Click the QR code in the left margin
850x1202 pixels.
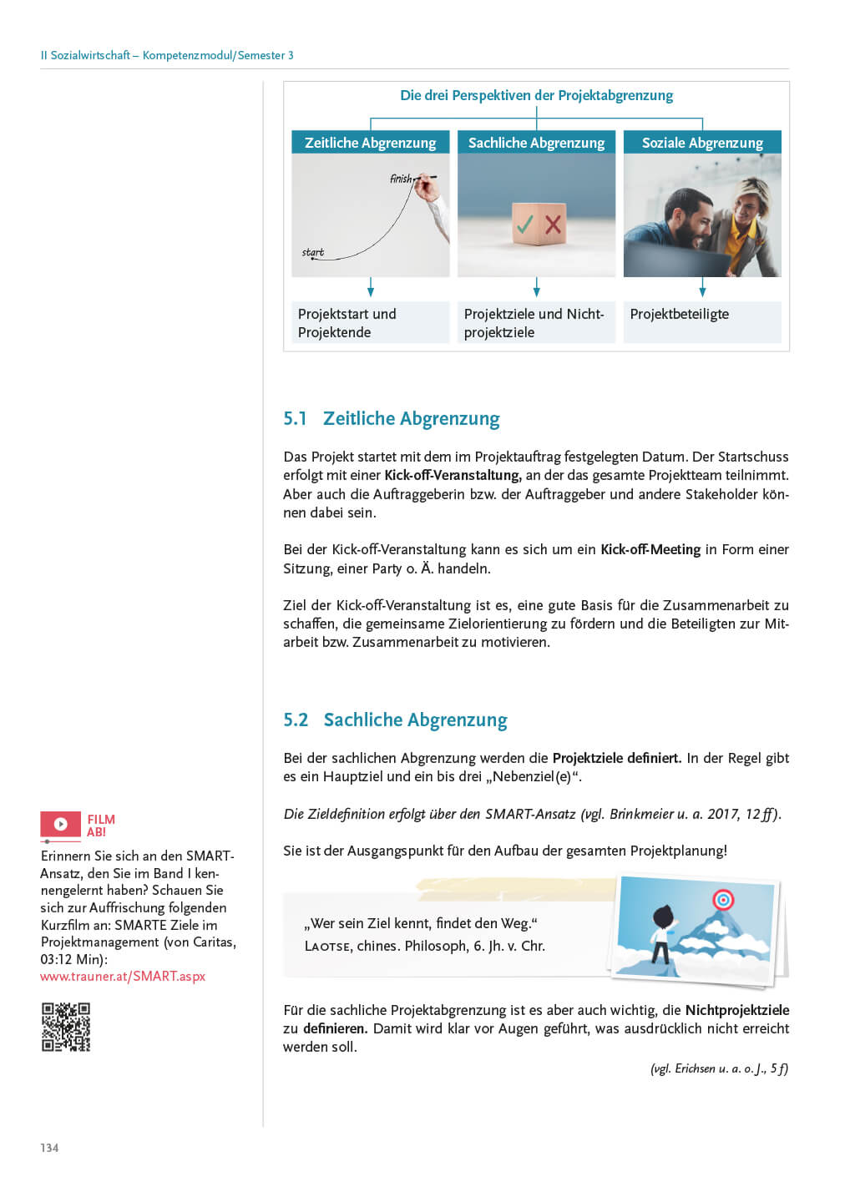(x=66, y=1027)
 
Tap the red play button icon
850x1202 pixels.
(x=60, y=825)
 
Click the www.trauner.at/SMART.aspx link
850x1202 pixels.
(x=123, y=976)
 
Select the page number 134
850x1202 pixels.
(x=49, y=1148)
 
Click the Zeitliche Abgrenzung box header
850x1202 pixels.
(x=370, y=143)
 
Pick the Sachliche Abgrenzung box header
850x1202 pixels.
(x=536, y=143)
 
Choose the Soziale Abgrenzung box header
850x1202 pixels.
(x=702, y=143)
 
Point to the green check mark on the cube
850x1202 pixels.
(x=525, y=224)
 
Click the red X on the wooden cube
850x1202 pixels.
(x=553, y=224)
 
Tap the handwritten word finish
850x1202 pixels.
(x=401, y=179)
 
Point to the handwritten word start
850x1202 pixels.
(x=313, y=252)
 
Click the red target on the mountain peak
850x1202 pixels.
(x=723, y=900)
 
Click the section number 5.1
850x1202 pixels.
(x=295, y=419)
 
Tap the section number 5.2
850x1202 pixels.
(x=296, y=720)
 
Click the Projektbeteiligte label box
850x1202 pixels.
(x=702, y=322)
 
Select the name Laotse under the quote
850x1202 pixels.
(x=327, y=947)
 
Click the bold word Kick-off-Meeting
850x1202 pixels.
(x=650, y=549)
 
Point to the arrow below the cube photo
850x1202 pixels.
(x=536, y=289)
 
